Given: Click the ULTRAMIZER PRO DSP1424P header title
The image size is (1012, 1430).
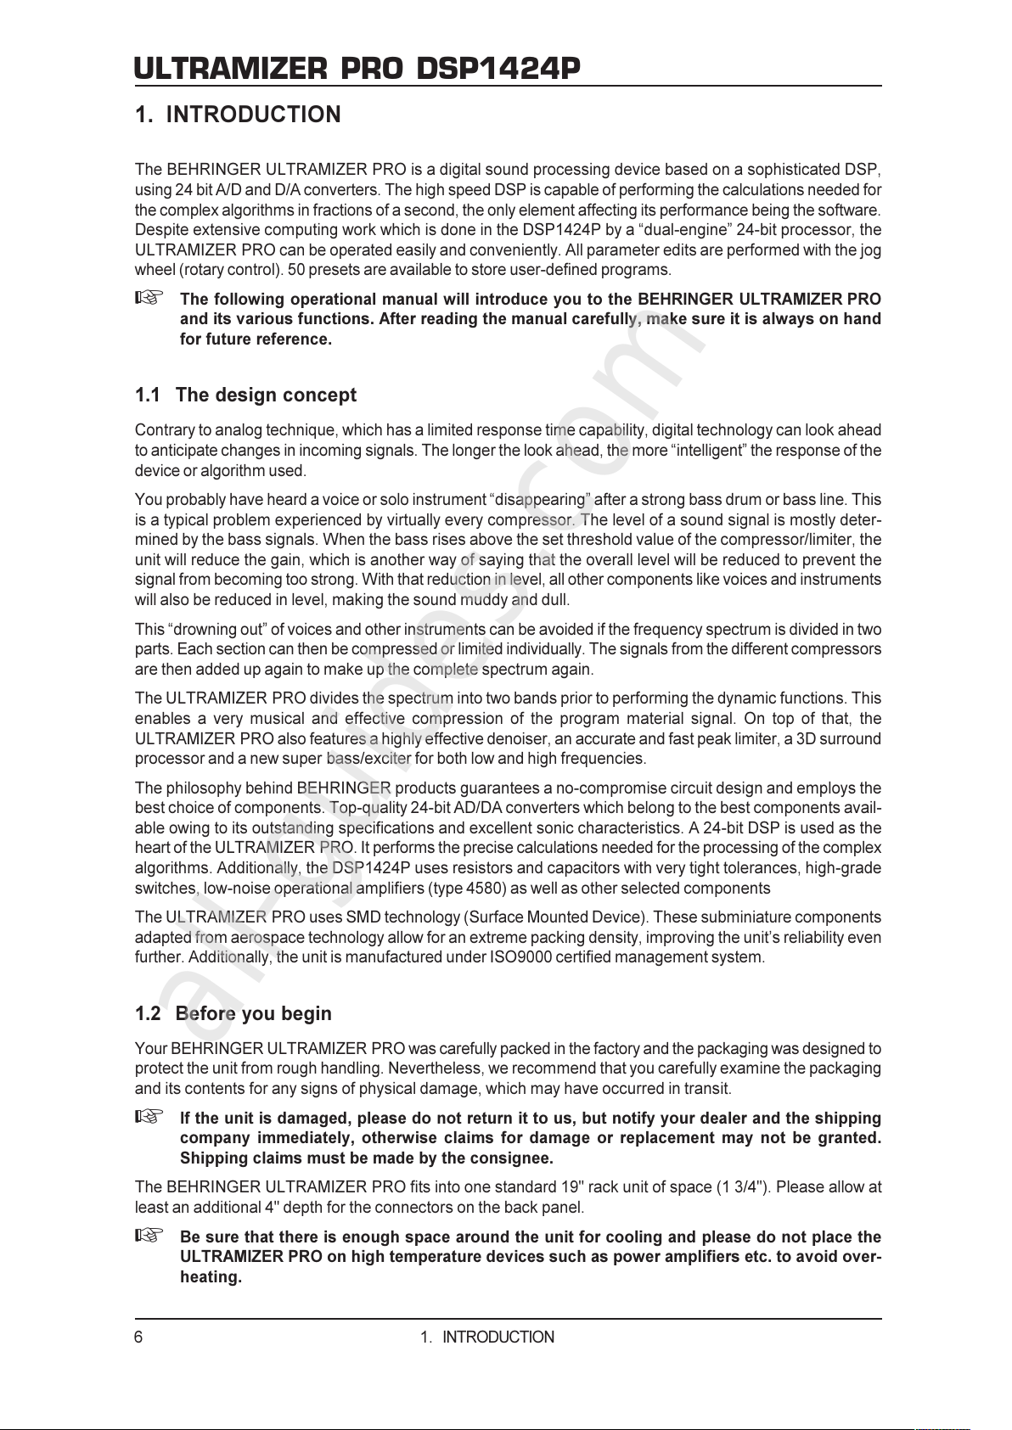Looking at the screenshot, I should [x=357, y=68].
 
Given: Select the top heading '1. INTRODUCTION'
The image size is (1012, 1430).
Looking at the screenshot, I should [x=238, y=115].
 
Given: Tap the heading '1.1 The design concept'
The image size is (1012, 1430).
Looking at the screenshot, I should [x=245, y=395].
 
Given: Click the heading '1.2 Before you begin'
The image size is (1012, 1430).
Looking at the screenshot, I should [x=233, y=1013].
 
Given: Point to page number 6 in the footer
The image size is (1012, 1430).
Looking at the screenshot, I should [x=139, y=1337].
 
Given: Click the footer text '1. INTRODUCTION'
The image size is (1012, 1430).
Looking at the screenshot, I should [x=487, y=1337].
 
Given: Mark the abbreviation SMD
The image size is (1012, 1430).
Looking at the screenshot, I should [x=363, y=917].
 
